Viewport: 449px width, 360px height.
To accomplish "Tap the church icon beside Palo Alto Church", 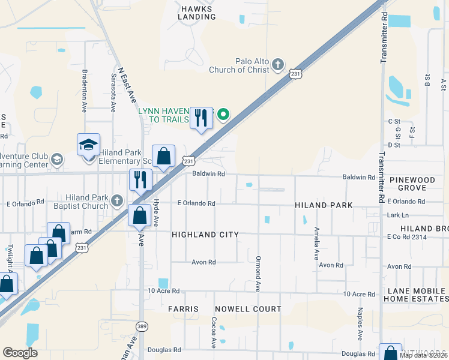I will pos(277,64).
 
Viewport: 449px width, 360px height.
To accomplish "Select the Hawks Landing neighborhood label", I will pos(196,12).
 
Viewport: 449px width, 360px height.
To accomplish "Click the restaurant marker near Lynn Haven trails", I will pos(201,117).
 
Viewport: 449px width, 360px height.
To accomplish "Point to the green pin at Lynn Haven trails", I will pos(223,114).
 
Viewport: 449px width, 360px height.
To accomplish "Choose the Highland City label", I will pos(205,235).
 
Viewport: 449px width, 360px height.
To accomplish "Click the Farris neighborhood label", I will pos(183,309).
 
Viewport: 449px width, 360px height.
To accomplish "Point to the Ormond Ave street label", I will pos(258,279).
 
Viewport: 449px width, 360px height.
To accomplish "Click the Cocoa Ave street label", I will pos(214,333).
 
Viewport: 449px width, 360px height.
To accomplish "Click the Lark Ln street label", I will pos(398,215).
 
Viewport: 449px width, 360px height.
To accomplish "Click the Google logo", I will pos(20,353).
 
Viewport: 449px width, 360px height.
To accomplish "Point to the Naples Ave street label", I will pos(360,324).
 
